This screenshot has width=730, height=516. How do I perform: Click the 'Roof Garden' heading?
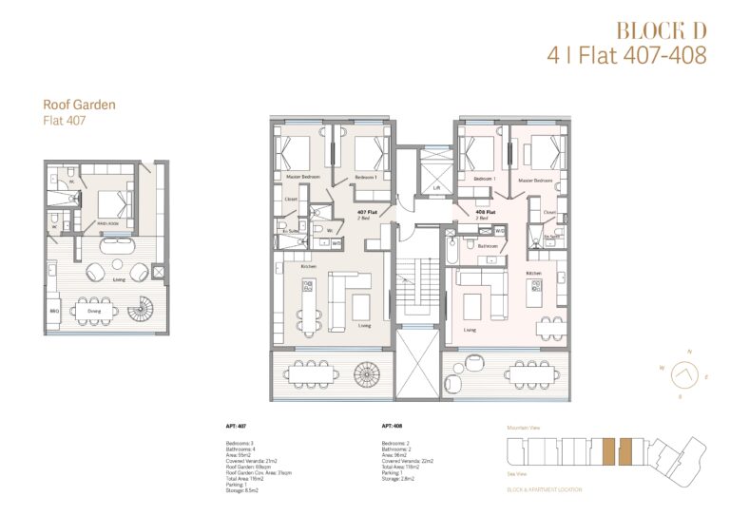pyautogui.click(x=79, y=105)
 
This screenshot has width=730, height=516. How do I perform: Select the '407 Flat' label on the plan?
pyautogui.click(x=367, y=212)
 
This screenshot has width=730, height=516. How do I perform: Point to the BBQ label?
pyautogui.click(x=55, y=310)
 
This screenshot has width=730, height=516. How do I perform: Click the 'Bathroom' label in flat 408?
pyautogui.click(x=489, y=245)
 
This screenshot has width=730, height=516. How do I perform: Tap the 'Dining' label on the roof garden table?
pyautogui.click(x=94, y=310)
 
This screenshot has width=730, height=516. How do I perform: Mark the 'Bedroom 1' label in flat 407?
pyautogui.click(x=367, y=178)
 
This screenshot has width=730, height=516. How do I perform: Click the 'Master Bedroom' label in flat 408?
pyautogui.click(x=535, y=179)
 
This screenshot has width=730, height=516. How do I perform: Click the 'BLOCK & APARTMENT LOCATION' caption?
pyautogui.click(x=545, y=489)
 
